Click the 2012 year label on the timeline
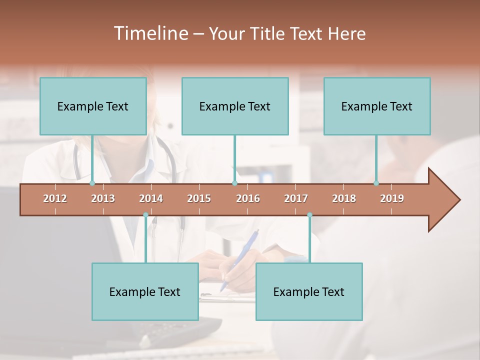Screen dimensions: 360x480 [x=55, y=198]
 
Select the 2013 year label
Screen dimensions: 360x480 [x=103, y=198]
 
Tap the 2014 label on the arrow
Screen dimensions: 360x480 [x=151, y=198]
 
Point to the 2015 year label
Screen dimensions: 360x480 [x=199, y=198]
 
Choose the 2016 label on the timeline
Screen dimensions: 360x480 [x=248, y=198]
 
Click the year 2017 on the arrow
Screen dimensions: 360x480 [x=296, y=198]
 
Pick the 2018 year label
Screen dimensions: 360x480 [x=344, y=198]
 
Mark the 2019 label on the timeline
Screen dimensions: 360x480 [x=392, y=198]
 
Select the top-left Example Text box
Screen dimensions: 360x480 [x=93, y=106]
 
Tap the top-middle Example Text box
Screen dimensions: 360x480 [x=235, y=106]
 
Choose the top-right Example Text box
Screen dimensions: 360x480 [x=377, y=106]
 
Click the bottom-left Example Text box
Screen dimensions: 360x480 [x=145, y=291]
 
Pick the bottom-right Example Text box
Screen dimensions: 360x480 [x=309, y=291]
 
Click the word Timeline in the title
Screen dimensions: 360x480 [x=150, y=33]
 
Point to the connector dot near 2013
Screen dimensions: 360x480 [x=92, y=183]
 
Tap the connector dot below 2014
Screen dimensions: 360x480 [x=145, y=215]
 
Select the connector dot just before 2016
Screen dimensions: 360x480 [x=234, y=183]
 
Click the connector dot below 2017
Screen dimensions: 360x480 [x=309, y=215]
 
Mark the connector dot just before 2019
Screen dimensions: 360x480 [x=376, y=183]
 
